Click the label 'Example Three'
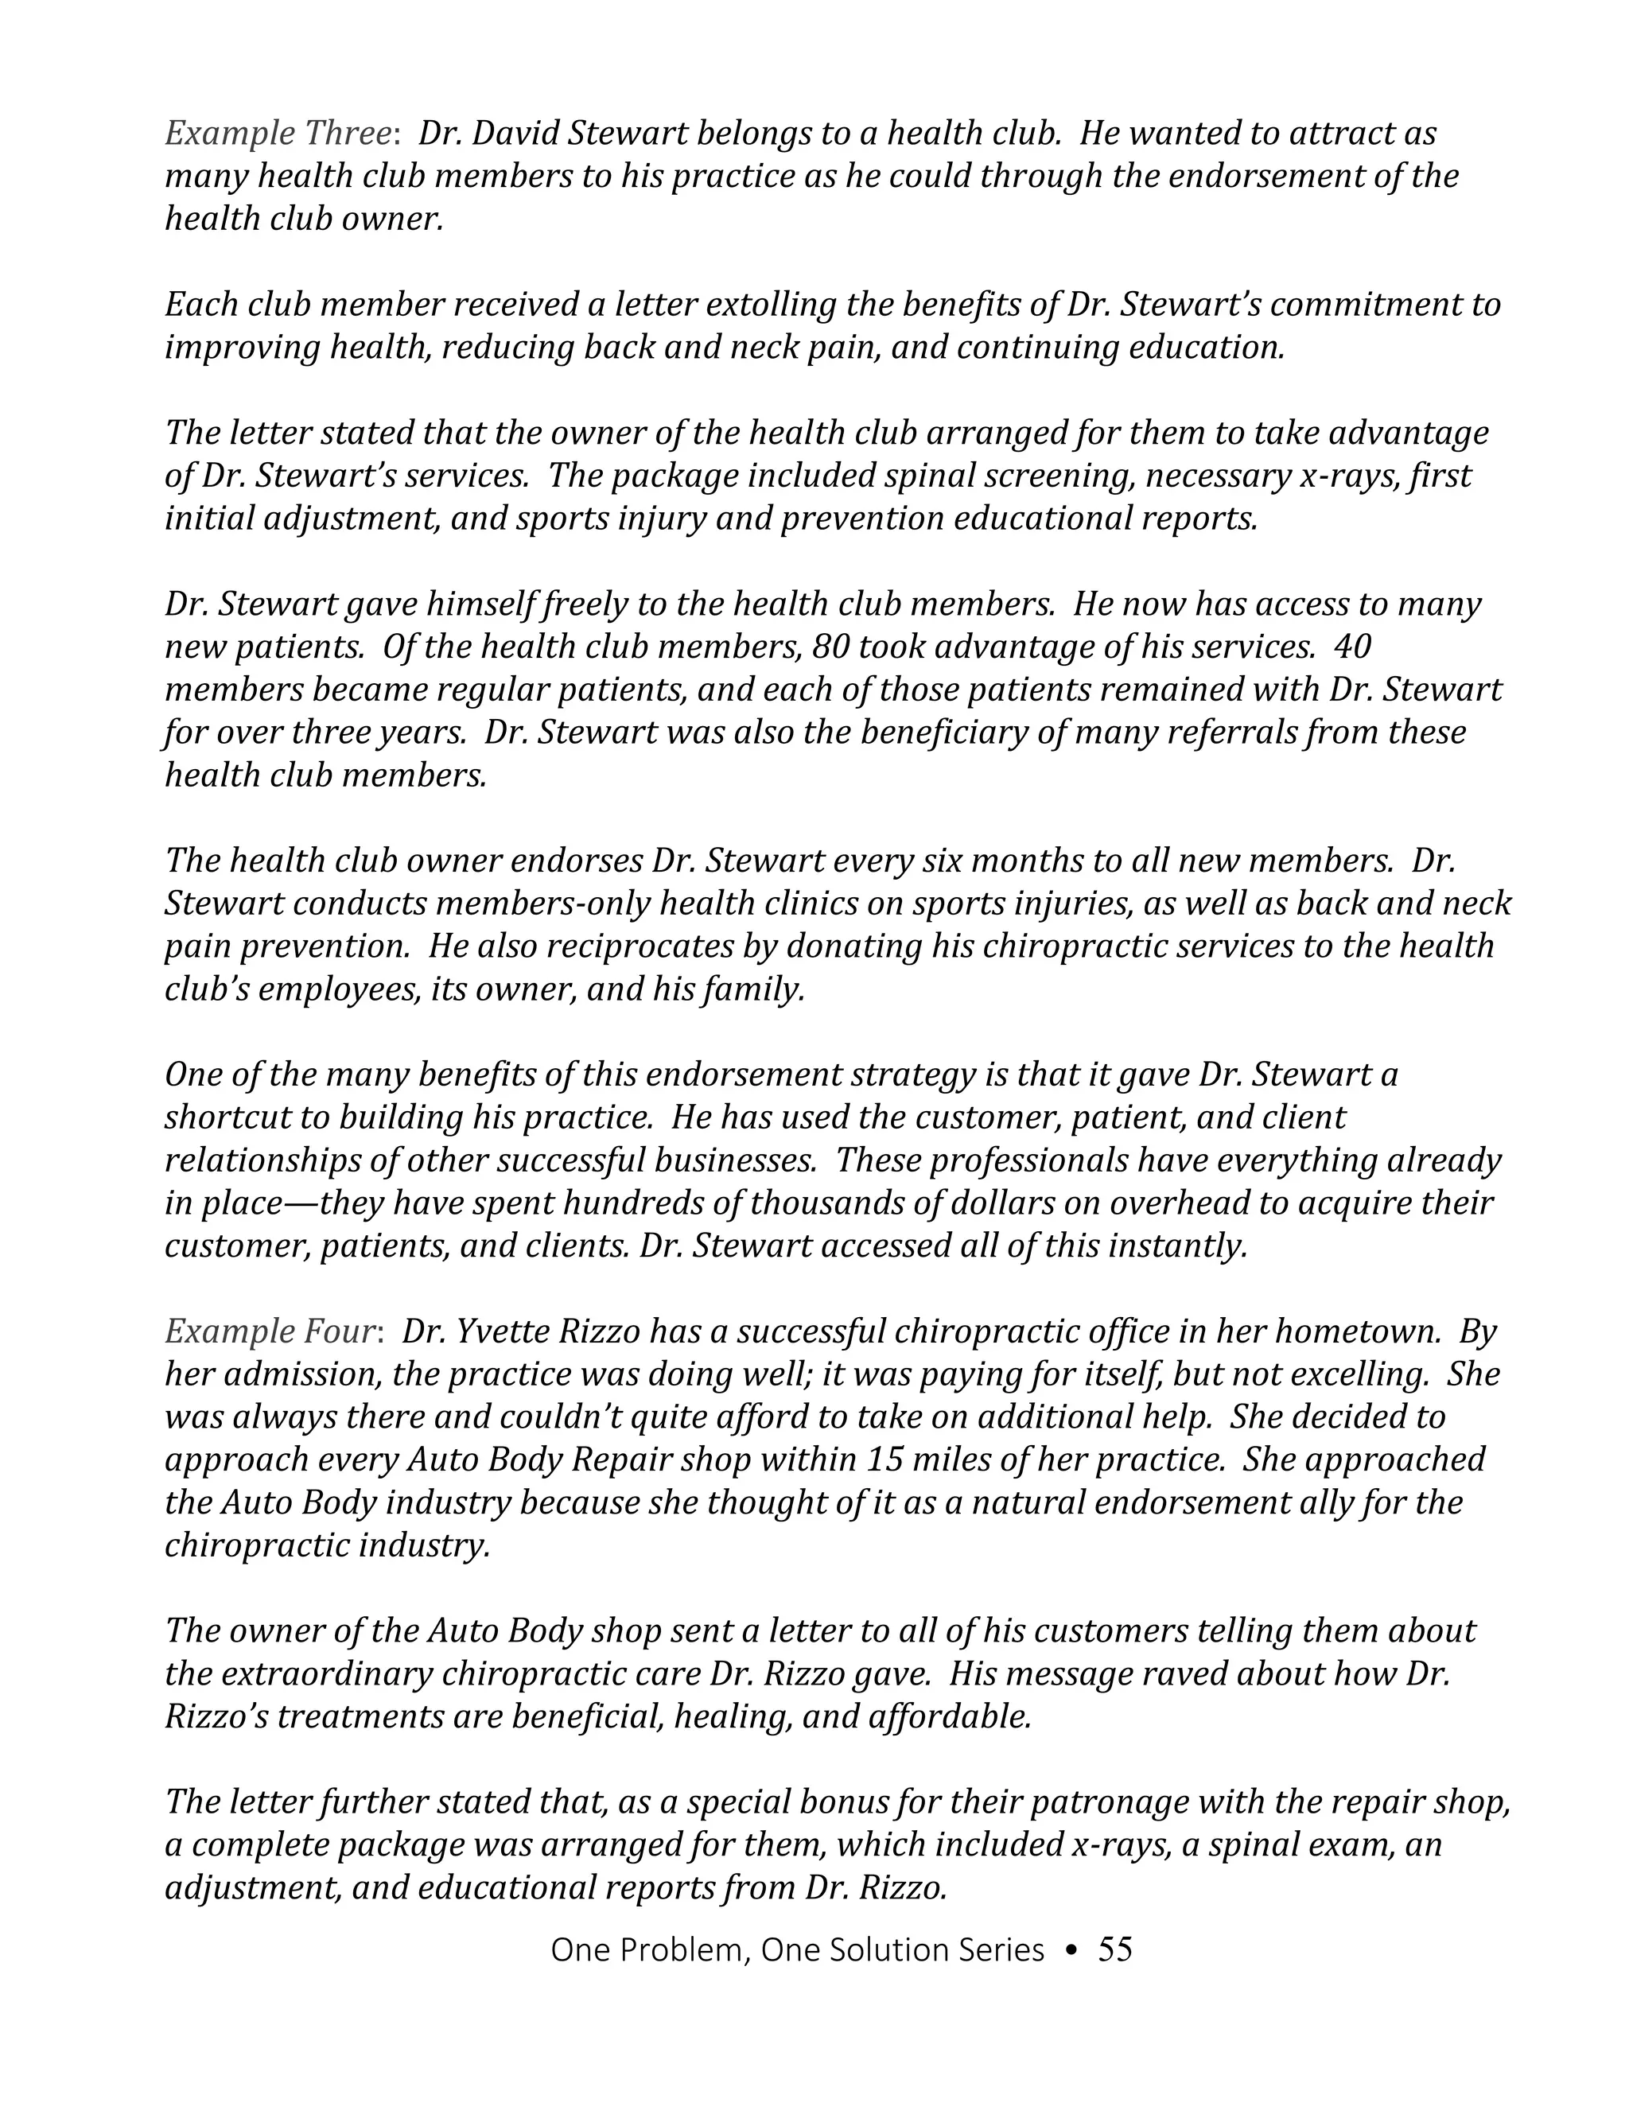276,134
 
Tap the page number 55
1115,1950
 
